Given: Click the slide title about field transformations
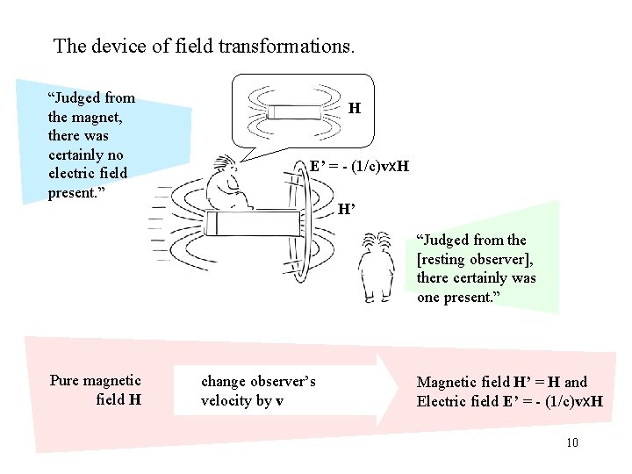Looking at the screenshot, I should click(204, 46).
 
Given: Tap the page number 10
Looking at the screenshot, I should click(572, 442).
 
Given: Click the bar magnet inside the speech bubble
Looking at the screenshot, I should click(295, 112).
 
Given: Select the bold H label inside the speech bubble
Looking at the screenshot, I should click(354, 109).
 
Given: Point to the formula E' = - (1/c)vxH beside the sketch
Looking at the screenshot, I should click(359, 166).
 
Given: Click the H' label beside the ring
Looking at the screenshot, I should click(348, 209).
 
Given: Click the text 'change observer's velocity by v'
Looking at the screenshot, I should click(258, 391).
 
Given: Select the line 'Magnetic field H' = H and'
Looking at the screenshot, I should click(502, 382).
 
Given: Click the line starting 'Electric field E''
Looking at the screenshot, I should click(509, 401).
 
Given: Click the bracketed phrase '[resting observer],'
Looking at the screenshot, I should click(475, 259).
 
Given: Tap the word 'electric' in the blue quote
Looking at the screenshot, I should click(75, 174).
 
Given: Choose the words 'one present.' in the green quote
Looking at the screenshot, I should click(458, 297).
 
